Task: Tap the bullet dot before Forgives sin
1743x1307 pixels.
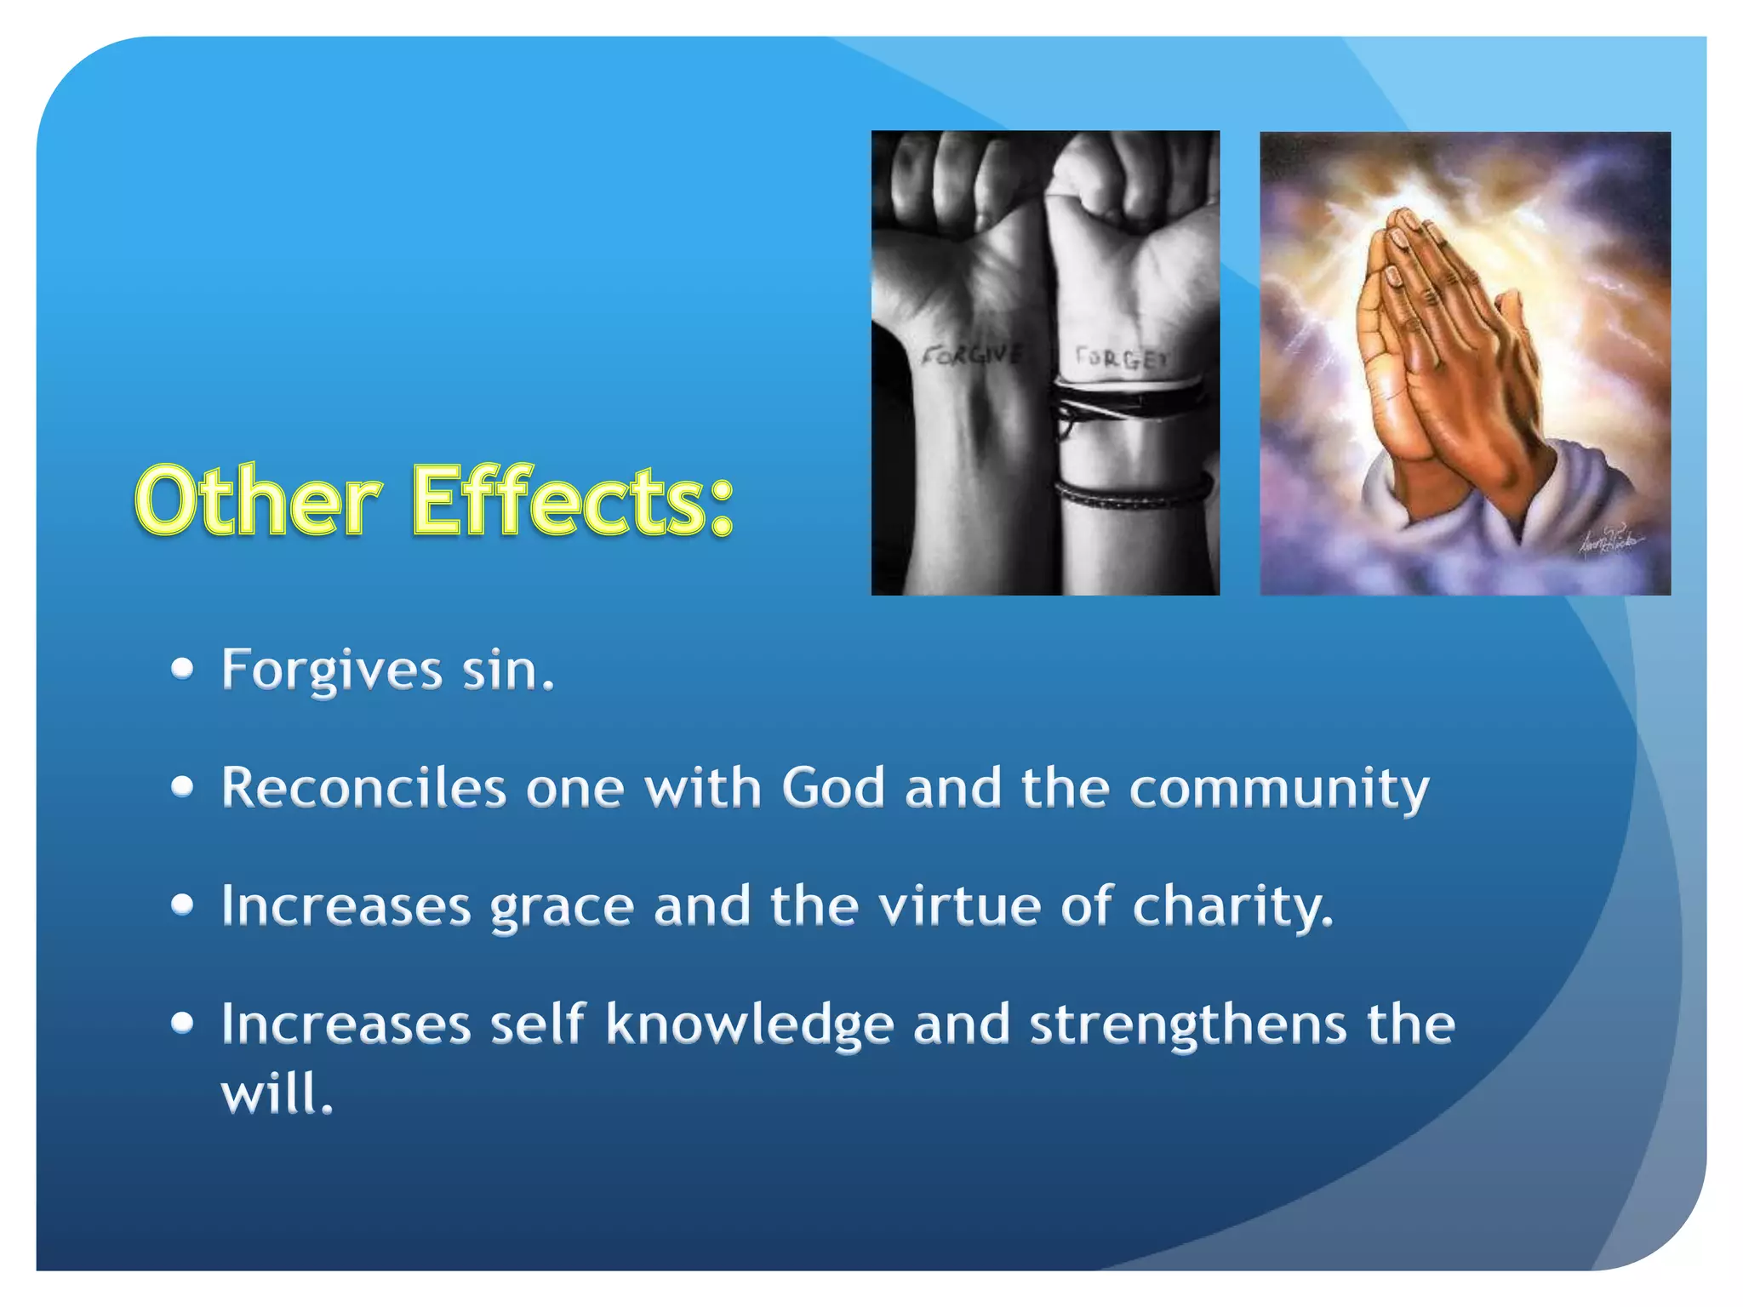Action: pyautogui.click(x=182, y=670)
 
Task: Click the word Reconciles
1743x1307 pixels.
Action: pyautogui.click(x=363, y=788)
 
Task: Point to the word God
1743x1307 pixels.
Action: pyautogui.click(x=833, y=788)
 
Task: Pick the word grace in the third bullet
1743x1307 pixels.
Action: pyautogui.click(x=562, y=907)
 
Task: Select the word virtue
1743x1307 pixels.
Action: pyautogui.click(x=959, y=905)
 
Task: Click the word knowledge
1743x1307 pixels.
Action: pyautogui.click(x=749, y=1024)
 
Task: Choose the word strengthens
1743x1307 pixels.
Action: pyautogui.click(x=1189, y=1024)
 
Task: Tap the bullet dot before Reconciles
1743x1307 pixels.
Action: pyautogui.click(x=182, y=788)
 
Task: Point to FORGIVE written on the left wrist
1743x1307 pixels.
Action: pyautogui.click(x=973, y=354)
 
